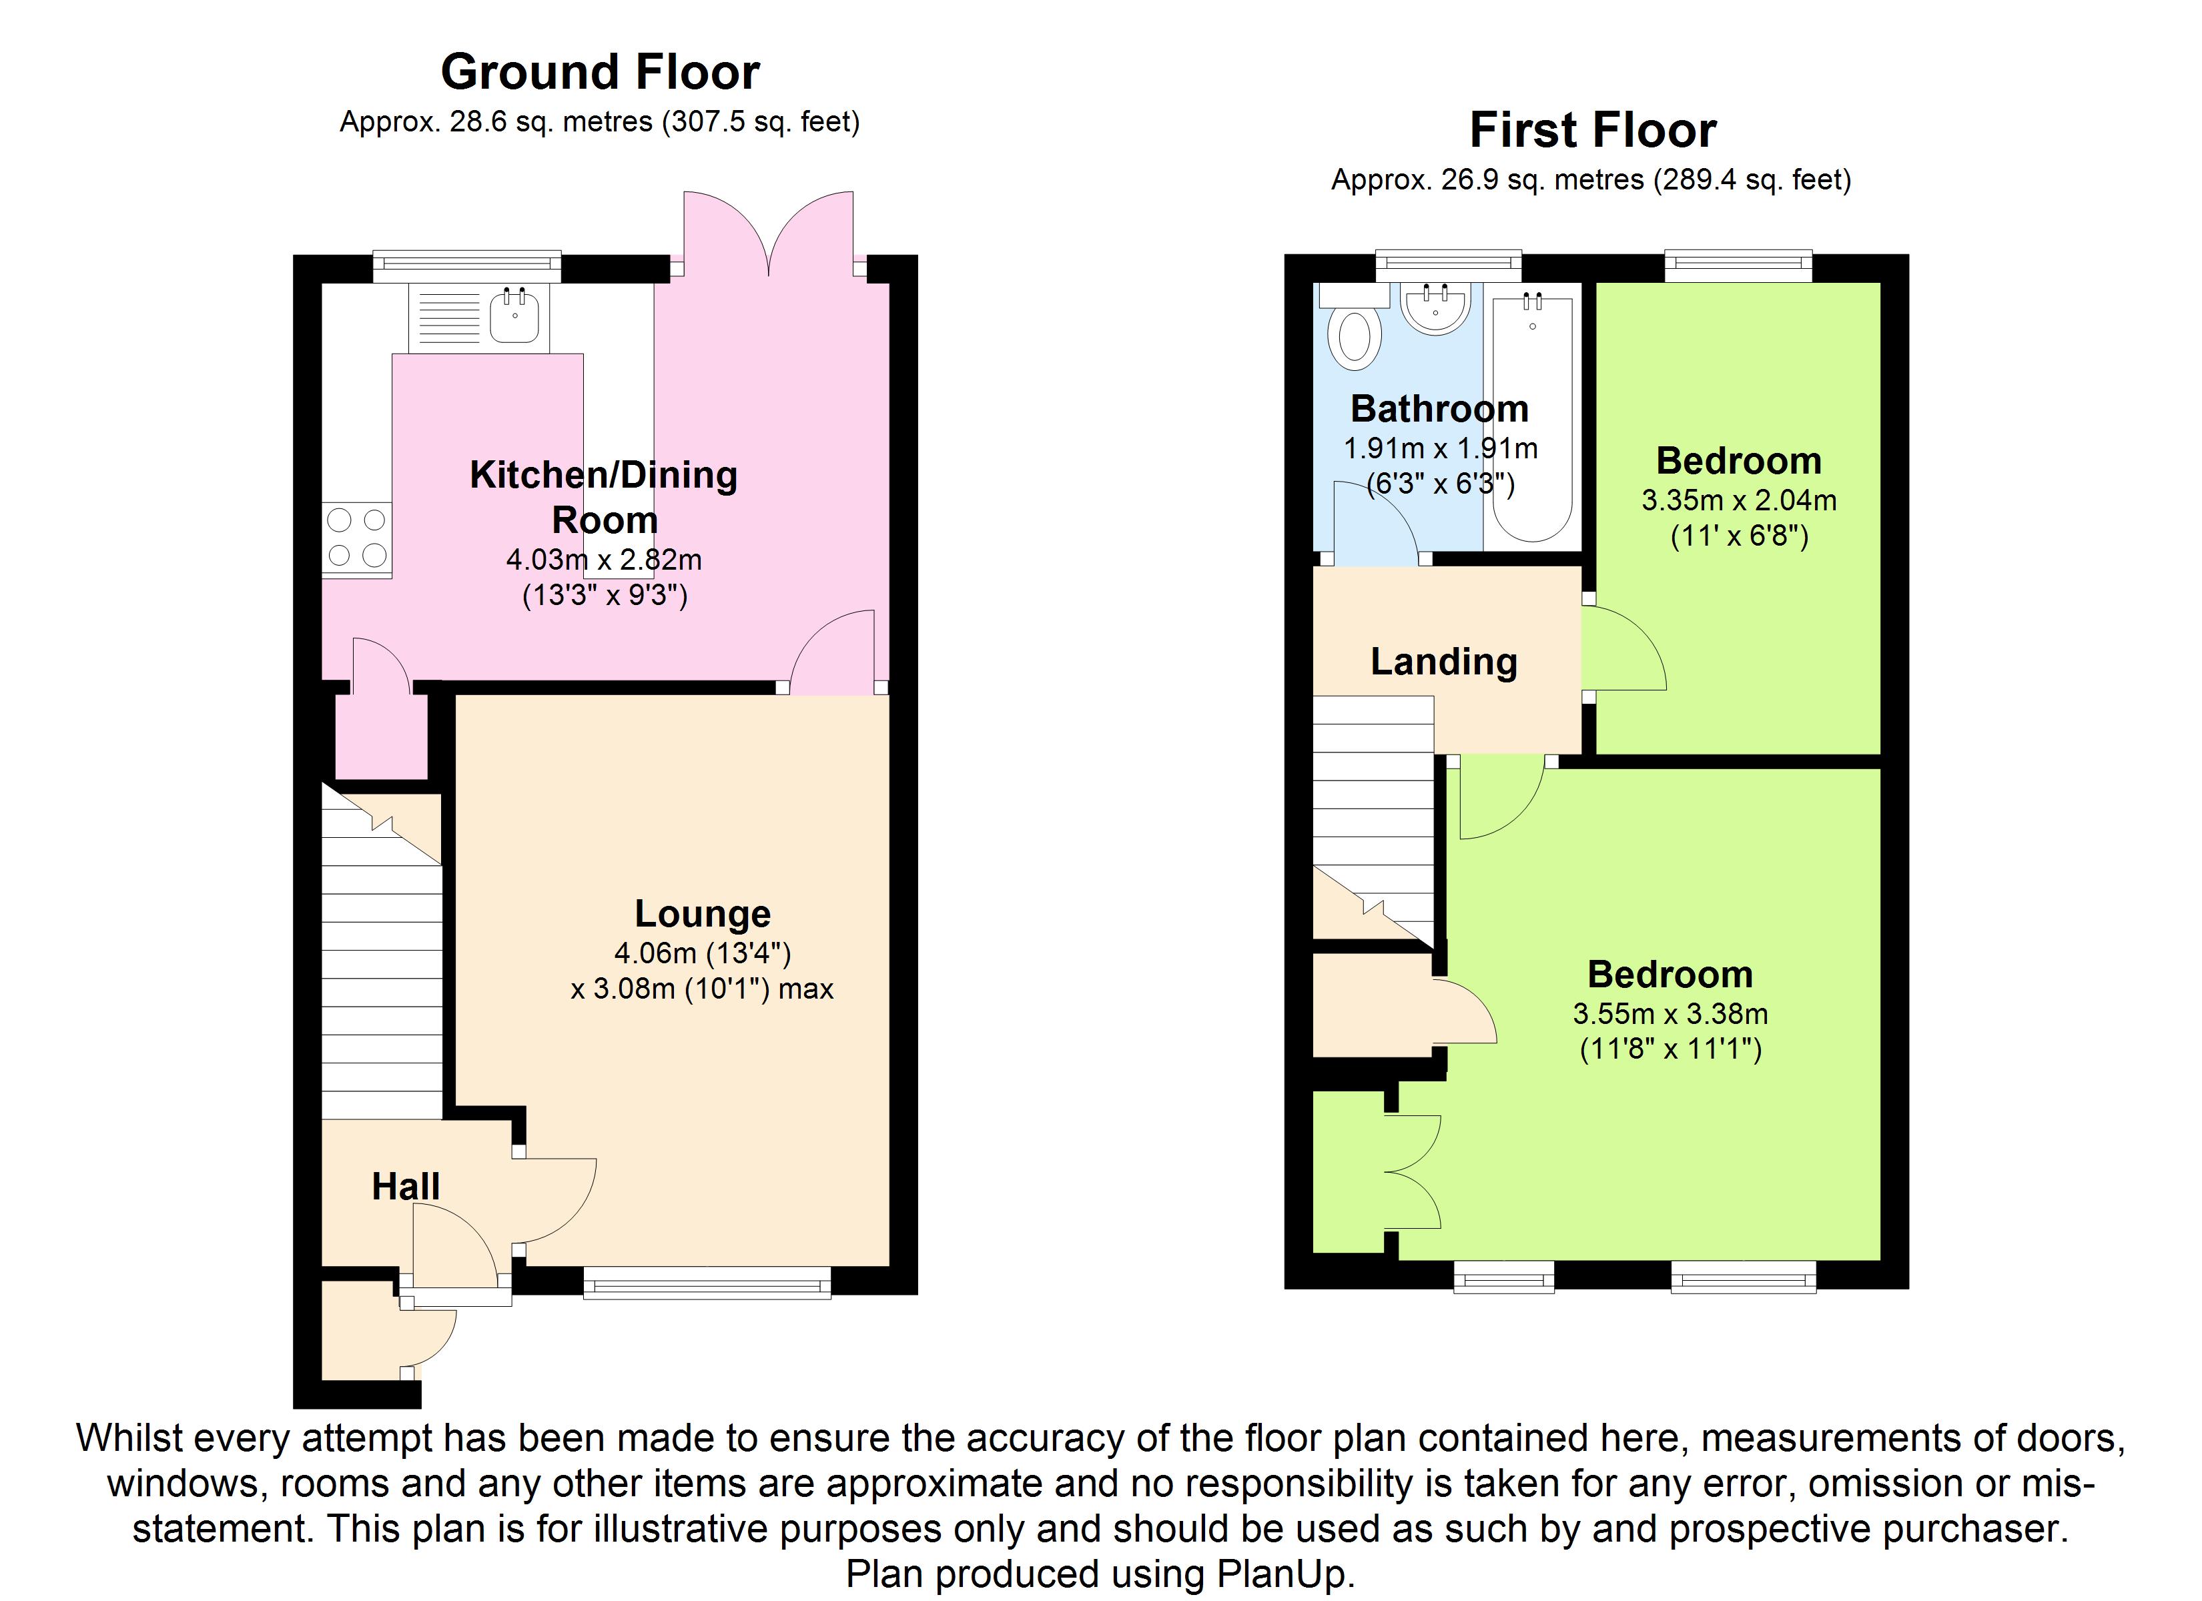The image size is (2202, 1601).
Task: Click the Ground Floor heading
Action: (x=600, y=72)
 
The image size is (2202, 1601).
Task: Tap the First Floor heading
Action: (x=1592, y=130)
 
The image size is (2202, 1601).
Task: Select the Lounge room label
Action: (x=702, y=914)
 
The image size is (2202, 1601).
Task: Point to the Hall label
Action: (x=406, y=1187)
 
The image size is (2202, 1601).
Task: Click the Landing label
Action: (x=1444, y=662)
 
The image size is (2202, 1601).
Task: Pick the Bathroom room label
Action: (x=1440, y=409)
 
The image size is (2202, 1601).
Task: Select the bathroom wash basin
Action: (x=1435, y=307)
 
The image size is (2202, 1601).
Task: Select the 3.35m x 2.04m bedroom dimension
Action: (x=1739, y=501)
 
